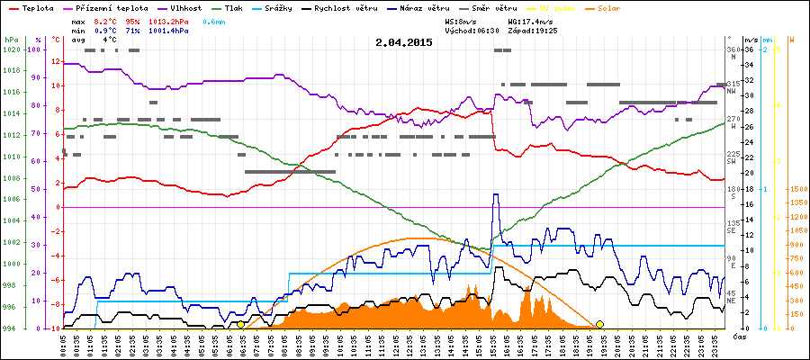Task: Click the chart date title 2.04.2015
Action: (x=404, y=42)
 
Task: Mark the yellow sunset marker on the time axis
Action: (x=599, y=324)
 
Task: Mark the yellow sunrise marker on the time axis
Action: (x=240, y=324)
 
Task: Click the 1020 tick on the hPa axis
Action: (x=11, y=50)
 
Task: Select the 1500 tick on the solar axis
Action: (x=796, y=189)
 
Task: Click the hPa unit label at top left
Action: (x=11, y=40)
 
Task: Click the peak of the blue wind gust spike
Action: (x=495, y=194)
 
